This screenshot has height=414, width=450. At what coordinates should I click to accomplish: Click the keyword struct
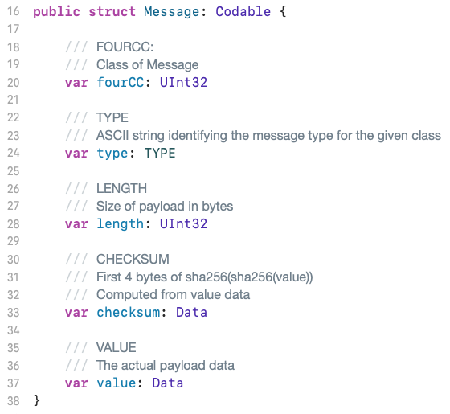point(112,12)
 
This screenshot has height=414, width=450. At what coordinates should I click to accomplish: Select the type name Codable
point(243,12)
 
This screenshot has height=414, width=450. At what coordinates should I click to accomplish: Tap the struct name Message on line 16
point(172,12)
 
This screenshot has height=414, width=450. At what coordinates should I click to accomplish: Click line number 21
point(13,100)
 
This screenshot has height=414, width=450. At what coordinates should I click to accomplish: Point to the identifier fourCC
point(121,82)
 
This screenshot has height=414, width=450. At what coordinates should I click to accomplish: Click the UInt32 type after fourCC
point(183,82)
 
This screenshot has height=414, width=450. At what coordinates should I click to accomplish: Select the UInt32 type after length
point(183,224)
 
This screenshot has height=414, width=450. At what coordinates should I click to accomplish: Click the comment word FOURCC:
point(125,47)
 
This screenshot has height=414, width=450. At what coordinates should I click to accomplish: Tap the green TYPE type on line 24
point(160,153)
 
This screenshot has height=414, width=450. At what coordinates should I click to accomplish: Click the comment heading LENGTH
point(121,189)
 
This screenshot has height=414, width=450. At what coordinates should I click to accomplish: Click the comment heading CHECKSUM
point(133,259)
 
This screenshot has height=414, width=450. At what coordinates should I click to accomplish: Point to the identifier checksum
point(129,313)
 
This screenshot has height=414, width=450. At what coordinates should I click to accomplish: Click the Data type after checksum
point(191,313)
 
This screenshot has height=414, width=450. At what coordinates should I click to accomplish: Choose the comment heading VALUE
point(117,347)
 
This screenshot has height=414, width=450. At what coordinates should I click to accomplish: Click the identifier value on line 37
point(117,383)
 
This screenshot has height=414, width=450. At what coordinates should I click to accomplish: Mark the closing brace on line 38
point(37,400)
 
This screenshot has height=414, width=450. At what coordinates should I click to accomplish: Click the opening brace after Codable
point(283,12)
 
